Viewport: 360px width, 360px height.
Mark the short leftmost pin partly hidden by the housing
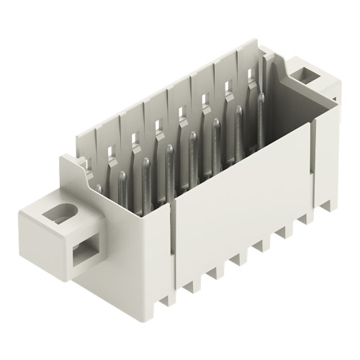pyautogui.click(x=99, y=189)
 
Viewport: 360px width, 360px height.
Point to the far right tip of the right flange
pyautogui.click(x=336, y=86)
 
